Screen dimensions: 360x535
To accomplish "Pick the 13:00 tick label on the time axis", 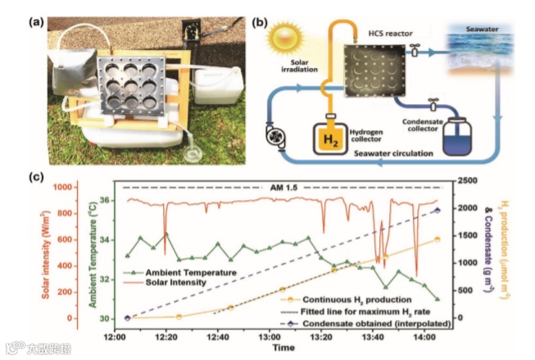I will [270, 335].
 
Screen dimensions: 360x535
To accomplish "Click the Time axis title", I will [283, 349].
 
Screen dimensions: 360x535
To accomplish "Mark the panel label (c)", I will [36, 176].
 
